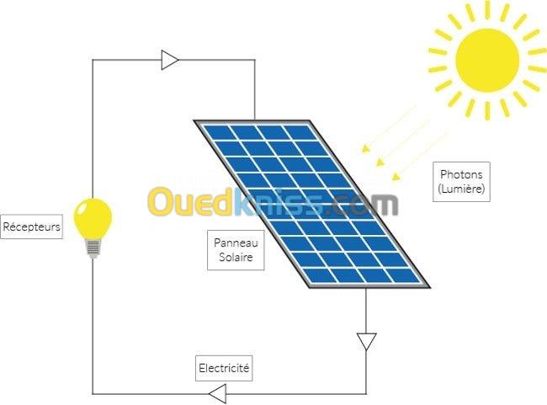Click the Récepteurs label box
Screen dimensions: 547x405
[x=31, y=226]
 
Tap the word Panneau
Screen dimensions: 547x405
[x=236, y=242]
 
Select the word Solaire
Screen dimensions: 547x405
[x=236, y=258]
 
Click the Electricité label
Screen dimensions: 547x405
[x=224, y=368]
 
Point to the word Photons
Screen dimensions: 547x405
[x=461, y=174]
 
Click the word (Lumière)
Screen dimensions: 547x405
[x=461, y=189]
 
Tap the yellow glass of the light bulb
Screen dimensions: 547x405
[x=93, y=219]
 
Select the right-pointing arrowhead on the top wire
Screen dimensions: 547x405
[x=170, y=60]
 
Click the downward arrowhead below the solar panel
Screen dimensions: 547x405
[x=366, y=342]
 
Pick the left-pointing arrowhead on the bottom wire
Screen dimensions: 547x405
[x=218, y=394]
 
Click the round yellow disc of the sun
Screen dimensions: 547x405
[x=487, y=61]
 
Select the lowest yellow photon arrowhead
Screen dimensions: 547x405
[x=396, y=176]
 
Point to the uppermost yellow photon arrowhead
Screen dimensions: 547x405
[x=365, y=149]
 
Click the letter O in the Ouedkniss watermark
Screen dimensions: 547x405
[x=161, y=201]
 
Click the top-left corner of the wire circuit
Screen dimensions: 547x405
[x=93, y=60]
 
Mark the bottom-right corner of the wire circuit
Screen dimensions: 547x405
[x=366, y=394]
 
